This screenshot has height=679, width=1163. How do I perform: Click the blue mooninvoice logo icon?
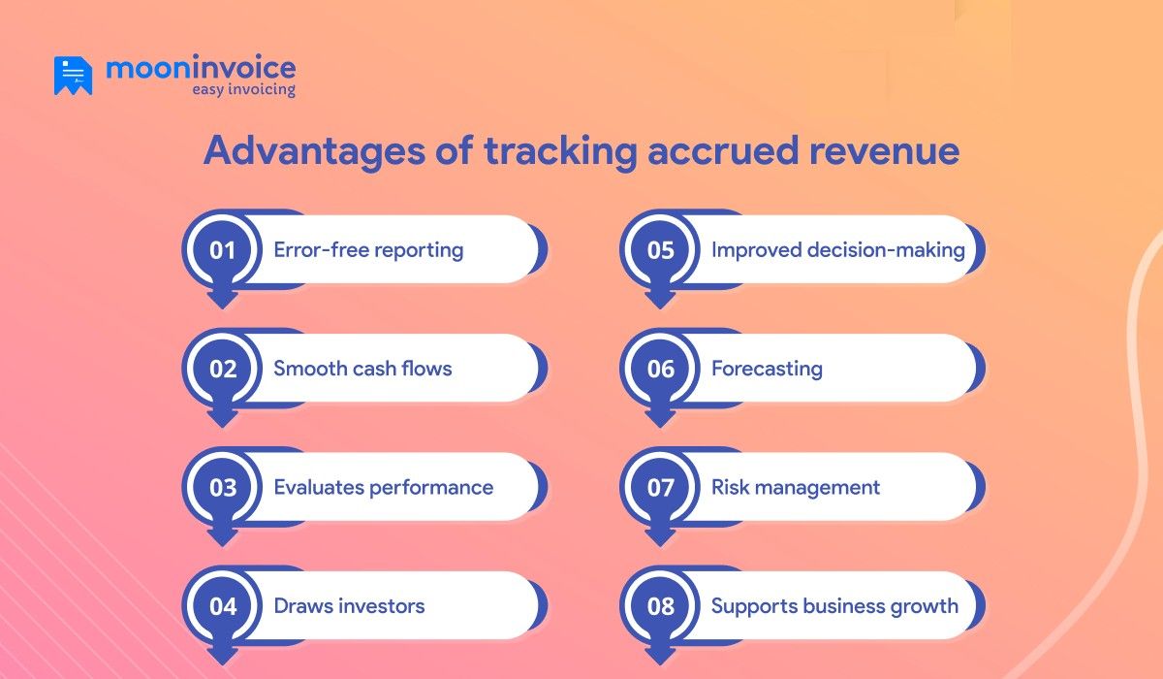[x=73, y=76]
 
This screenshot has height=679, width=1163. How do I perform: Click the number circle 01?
[x=223, y=250]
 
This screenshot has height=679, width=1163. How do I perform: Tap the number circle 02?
[x=223, y=369]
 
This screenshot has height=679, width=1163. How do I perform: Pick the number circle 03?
[x=223, y=487]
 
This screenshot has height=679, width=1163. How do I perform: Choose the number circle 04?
[x=223, y=606]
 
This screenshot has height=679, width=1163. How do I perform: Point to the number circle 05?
[x=660, y=250]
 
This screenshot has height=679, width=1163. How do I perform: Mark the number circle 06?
[x=660, y=369]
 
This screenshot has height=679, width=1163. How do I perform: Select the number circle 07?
[x=660, y=487]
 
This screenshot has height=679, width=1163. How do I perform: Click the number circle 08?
[x=660, y=606]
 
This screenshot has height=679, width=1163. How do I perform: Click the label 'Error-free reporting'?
[x=368, y=250]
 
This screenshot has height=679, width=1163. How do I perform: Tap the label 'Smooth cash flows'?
[x=362, y=369]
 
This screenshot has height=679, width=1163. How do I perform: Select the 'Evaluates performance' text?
[x=384, y=487]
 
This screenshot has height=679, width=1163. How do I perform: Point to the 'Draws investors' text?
[x=349, y=606]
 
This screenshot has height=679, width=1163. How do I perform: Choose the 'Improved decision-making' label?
[x=837, y=250]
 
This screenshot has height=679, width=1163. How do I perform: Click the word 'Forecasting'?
[x=767, y=369]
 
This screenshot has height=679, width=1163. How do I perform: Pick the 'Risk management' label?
[x=796, y=487]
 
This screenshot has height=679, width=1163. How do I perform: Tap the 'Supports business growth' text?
[x=834, y=606]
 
